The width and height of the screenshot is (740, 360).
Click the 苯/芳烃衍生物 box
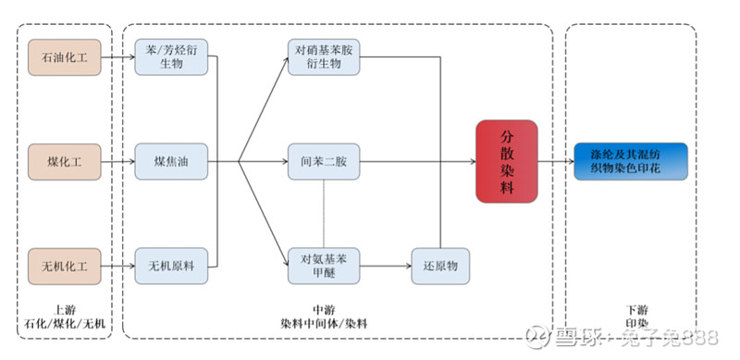coord(171,57)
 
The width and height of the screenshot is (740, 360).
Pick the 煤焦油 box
coord(171,162)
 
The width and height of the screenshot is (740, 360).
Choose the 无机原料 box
coord(171,267)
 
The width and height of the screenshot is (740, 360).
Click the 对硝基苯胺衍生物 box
coord(323,57)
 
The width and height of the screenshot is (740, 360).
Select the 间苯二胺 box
coord(323,162)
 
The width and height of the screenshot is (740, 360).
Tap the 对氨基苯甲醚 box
coord(323,267)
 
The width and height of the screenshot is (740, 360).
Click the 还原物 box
coord(440,267)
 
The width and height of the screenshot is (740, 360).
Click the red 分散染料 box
coord(506,161)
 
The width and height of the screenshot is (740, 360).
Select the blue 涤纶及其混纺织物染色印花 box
coord(630,162)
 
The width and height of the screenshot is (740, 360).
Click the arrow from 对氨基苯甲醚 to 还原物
coord(384,267)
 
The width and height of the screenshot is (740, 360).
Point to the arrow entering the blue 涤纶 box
coord(555,162)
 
